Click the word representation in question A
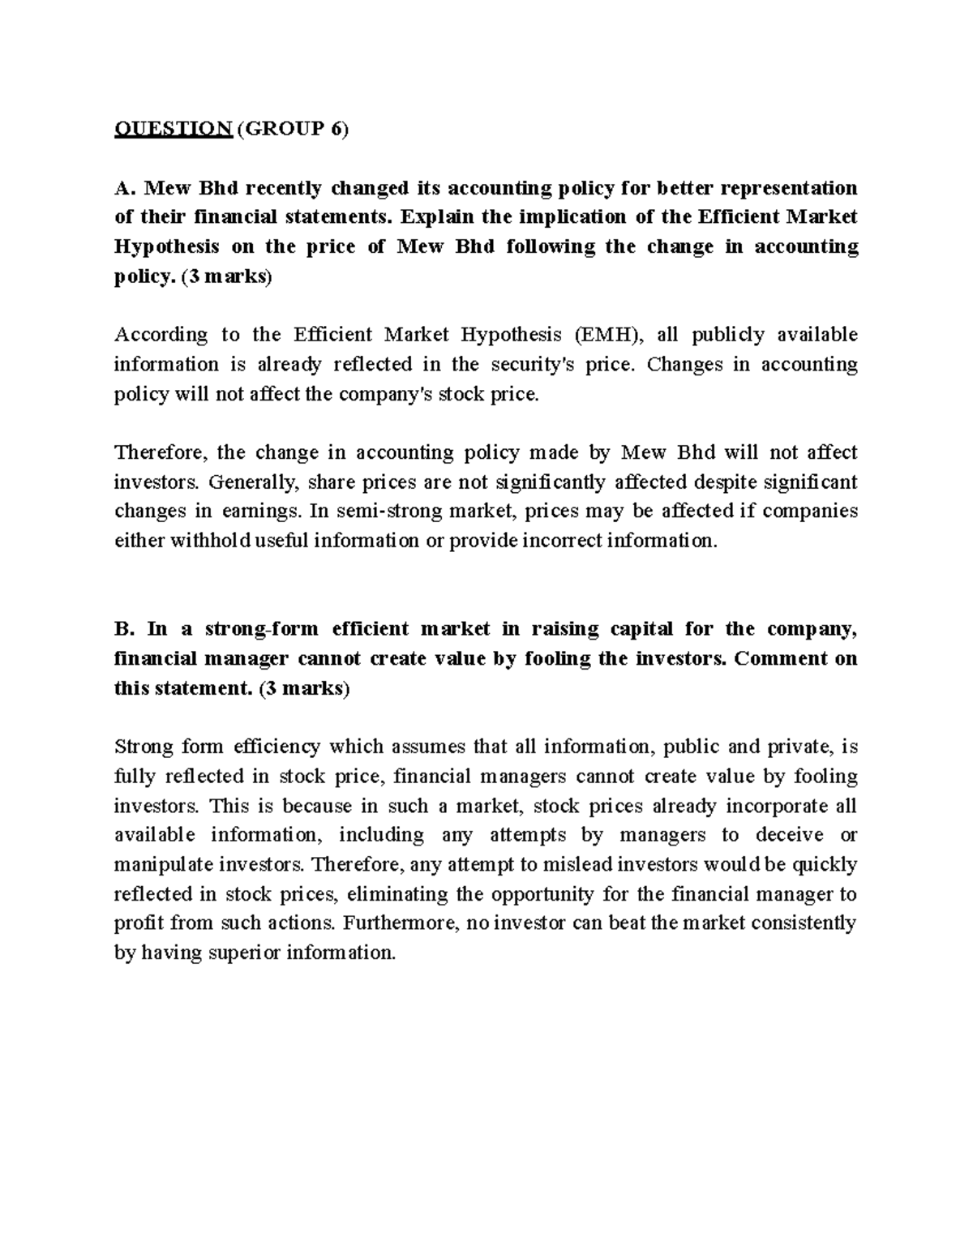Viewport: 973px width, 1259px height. pos(789,188)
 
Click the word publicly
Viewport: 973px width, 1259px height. pos(730,335)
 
